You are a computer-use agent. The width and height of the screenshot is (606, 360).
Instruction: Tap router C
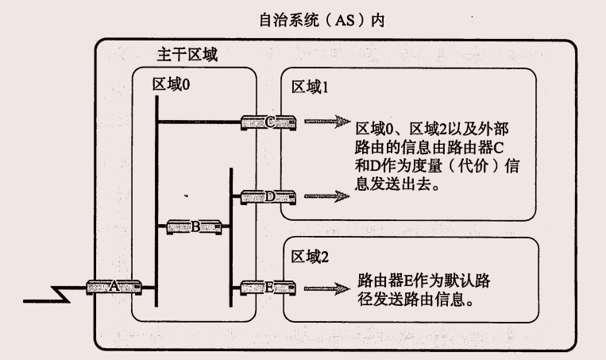point(269,122)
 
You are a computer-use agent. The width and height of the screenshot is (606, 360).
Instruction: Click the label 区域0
point(171,84)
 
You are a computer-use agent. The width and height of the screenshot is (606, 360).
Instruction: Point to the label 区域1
point(311,85)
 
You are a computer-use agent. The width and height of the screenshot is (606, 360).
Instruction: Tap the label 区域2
point(311,255)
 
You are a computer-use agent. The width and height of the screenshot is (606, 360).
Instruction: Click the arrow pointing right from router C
point(326,122)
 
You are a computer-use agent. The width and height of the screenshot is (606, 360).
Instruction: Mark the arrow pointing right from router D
point(326,195)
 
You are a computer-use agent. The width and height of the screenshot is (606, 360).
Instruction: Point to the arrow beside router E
point(326,288)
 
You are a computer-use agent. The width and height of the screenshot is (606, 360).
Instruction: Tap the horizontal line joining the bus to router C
point(199,122)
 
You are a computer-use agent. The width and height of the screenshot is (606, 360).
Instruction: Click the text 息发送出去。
point(397,184)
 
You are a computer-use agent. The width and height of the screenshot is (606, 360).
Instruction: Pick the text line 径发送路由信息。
point(422,302)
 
